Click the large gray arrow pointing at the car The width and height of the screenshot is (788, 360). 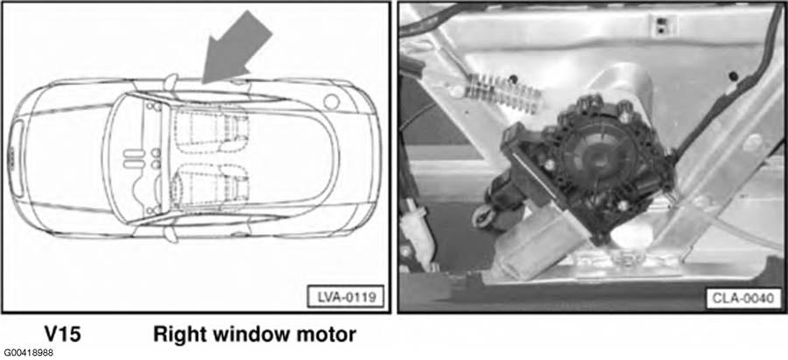pyautogui.click(x=236, y=48)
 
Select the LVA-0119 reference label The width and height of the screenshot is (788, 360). pyautogui.click(x=345, y=296)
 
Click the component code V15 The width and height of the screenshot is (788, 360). pyautogui.click(x=62, y=334)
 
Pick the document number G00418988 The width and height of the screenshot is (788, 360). pyautogui.click(x=28, y=354)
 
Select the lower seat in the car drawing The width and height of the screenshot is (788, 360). pyautogui.click(x=211, y=185)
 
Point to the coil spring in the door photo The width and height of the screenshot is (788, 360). pyautogui.click(x=503, y=91)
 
